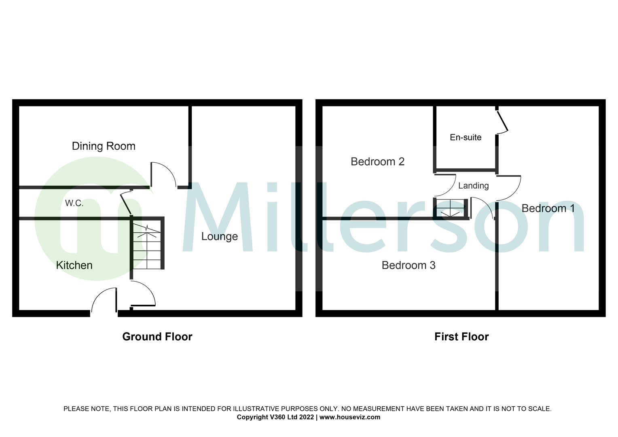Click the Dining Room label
coord(104,146)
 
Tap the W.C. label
coord(74,203)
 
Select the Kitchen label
coord(74,265)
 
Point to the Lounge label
coord(220,237)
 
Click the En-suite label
coord(466,137)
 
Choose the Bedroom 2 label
coord(377,161)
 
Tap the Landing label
coord(474,186)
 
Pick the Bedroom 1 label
coord(548,208)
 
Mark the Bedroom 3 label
coord(408,265)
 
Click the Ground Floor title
coord(157,337)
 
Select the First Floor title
coord(461,337)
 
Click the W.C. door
coord(125,204)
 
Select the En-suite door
coord(503,121)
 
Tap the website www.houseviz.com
coord(350,417)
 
